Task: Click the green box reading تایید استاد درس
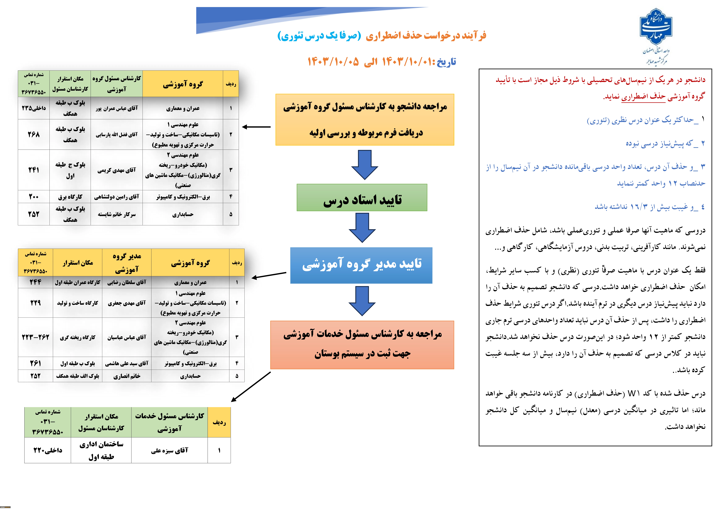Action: click(362, 198)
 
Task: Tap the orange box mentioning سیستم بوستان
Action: click(362, 345)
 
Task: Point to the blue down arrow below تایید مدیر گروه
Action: click(362, 301)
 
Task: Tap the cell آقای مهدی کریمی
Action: click(117, 170)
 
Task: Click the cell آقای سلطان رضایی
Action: click(127, 282)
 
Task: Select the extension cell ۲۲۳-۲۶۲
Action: click(35, 337)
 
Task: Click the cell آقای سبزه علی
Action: click(169, 450)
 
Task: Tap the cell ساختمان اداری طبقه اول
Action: click(101, 450)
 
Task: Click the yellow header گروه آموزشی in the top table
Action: click(183, 84)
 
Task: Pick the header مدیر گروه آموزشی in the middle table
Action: click(127, 263)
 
